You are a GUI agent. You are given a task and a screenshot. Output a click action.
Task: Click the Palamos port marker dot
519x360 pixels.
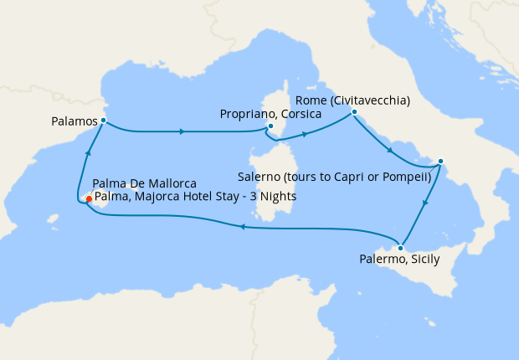pos(103,121)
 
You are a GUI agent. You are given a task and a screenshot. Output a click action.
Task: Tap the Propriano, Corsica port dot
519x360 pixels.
pos(270,127)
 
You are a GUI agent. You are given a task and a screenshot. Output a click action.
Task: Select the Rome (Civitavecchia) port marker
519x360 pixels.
pos(354,112)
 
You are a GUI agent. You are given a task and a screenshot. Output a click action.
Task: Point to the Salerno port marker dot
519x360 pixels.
pos(441,162)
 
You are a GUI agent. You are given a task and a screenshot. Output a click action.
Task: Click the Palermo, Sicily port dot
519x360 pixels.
pos(401,248)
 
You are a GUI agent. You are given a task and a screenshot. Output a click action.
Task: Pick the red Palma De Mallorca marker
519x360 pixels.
pos(89,199)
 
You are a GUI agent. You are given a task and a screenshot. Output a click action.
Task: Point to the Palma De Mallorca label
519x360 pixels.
pos(144,183)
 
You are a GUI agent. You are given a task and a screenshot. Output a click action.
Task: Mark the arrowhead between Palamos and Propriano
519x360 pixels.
pos(182,131)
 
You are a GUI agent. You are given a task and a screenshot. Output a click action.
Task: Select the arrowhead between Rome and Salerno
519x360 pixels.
pos(390,151)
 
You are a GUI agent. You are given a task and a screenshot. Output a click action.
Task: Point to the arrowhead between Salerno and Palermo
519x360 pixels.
pos(427,202)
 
